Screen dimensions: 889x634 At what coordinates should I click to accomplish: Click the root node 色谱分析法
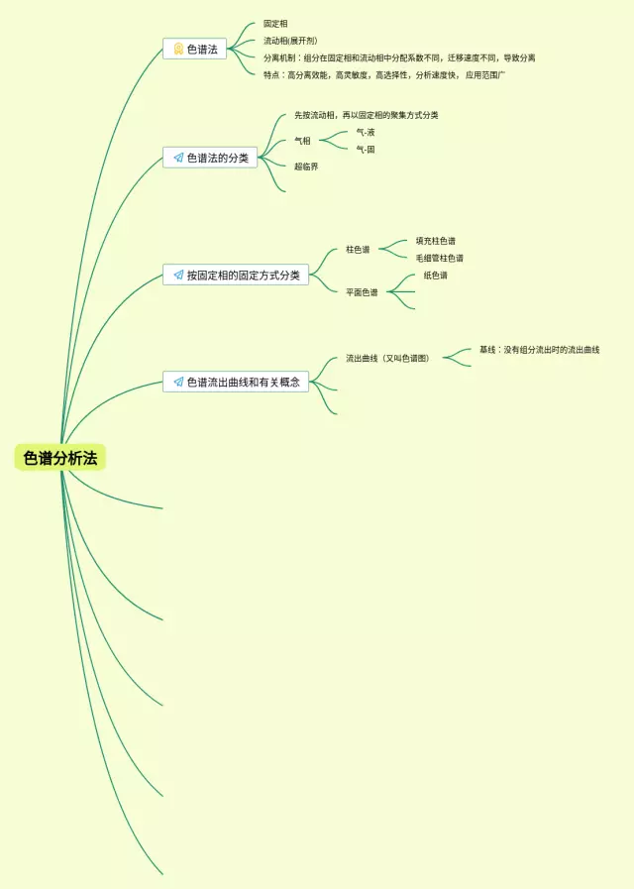click(x=60, y=458)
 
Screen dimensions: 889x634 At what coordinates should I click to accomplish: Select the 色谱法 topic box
click(x=194, y=49)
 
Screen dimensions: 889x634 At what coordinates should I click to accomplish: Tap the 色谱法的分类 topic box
click(x=210, y=158)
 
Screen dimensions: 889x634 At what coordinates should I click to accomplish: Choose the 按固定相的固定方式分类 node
click(x=236, y=275)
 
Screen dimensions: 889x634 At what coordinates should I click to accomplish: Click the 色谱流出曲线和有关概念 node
click(x=236, y=382)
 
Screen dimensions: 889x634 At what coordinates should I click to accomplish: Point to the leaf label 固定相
click(x=275, y=24)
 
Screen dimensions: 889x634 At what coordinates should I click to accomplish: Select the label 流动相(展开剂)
click(x=289, y=41)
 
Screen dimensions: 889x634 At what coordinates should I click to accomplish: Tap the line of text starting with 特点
click(x=383, y=74)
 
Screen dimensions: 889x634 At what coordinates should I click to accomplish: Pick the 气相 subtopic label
click(x=302, y=141)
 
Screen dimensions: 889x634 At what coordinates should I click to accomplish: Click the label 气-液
click(x=366, y=132)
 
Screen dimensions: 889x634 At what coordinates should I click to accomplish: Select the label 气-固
click(x=366, y=150)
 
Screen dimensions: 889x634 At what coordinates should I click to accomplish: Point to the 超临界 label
click(x=306, y=167)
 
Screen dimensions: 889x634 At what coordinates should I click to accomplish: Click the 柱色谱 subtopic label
click(x=358, y=250)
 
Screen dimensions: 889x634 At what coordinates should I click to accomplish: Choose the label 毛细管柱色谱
click(x=439, y=258)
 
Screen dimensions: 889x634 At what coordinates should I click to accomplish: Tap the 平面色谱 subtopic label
click(x=362, y=292)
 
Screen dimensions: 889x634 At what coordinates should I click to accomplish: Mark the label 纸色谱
click(x=435, y=276)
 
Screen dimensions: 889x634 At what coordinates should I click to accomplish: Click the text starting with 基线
click(x=539, y=350)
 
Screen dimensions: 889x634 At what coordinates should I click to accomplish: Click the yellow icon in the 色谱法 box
click(x=178, y=49)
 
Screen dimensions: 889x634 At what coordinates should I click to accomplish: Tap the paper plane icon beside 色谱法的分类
click(x=178, y=158)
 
